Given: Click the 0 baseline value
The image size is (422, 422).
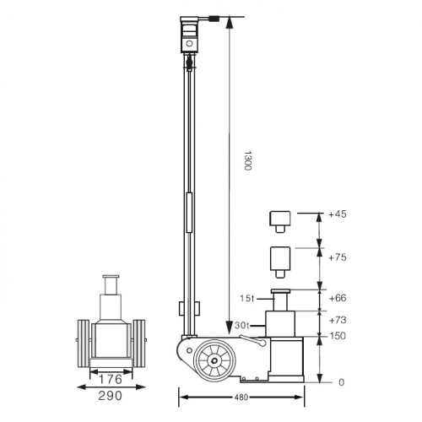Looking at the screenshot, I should click(342, 381).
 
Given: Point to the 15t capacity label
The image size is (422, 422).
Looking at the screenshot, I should click(248, 298).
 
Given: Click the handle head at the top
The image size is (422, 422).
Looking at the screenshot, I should click(190, 35).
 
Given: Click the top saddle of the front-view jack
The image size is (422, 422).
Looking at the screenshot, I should click(111, 278).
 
